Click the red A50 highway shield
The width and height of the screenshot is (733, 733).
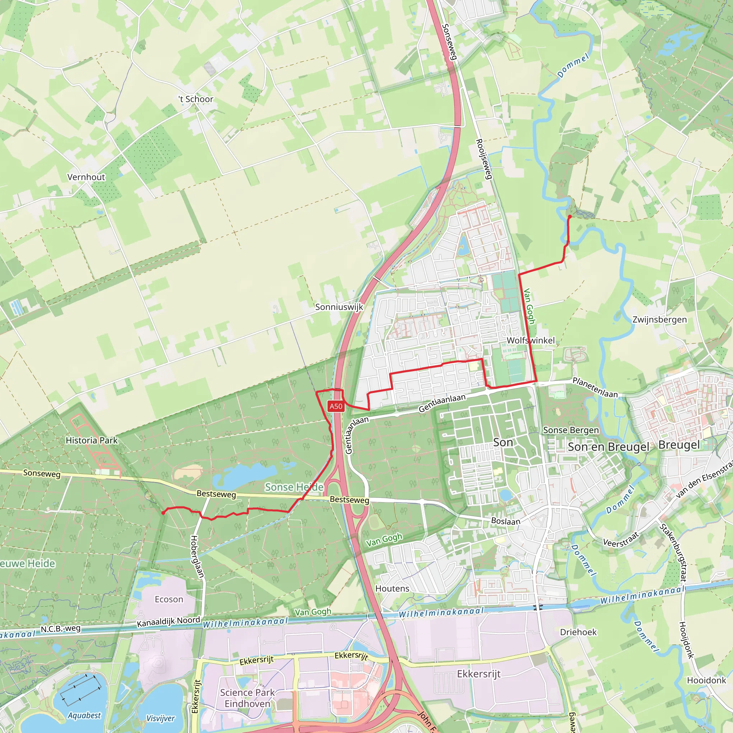click(x=336, y=406)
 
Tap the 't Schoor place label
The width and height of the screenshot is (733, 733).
click(x=196, y=99)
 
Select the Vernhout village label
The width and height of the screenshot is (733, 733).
click(x=86, y=177)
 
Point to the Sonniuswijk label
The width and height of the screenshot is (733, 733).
click(x=339, y=307)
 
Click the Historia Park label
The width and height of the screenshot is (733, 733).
click(x=92, y=441)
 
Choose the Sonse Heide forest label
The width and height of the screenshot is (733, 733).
click(x=294, y=487)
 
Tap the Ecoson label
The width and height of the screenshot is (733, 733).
click(x=169, y=599)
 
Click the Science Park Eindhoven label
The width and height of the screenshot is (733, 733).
click(x=247, y=698)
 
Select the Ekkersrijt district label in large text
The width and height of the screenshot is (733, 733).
click(x=479, y=674)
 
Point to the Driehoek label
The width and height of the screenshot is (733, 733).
click(x=578, y=632)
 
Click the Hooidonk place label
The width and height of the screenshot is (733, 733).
click(x=707, y=680)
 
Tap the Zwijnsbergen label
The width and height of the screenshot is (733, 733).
click(x=659, y=320)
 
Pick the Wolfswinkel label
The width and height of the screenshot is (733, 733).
click(x=531, y=340)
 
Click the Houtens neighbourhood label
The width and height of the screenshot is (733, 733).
click(x=392, y=588)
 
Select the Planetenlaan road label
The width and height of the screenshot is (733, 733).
click(x=595, y=387)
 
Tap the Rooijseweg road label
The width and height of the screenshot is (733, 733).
click(x=484, y=159)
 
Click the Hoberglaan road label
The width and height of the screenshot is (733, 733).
click(x=196, y=557)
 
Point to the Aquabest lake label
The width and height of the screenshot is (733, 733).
click(x=84, y=715)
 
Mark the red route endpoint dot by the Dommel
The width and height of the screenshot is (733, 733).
click(x=570, y=217)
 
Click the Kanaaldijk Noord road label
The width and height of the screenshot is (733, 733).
click(x=169, y=622)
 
